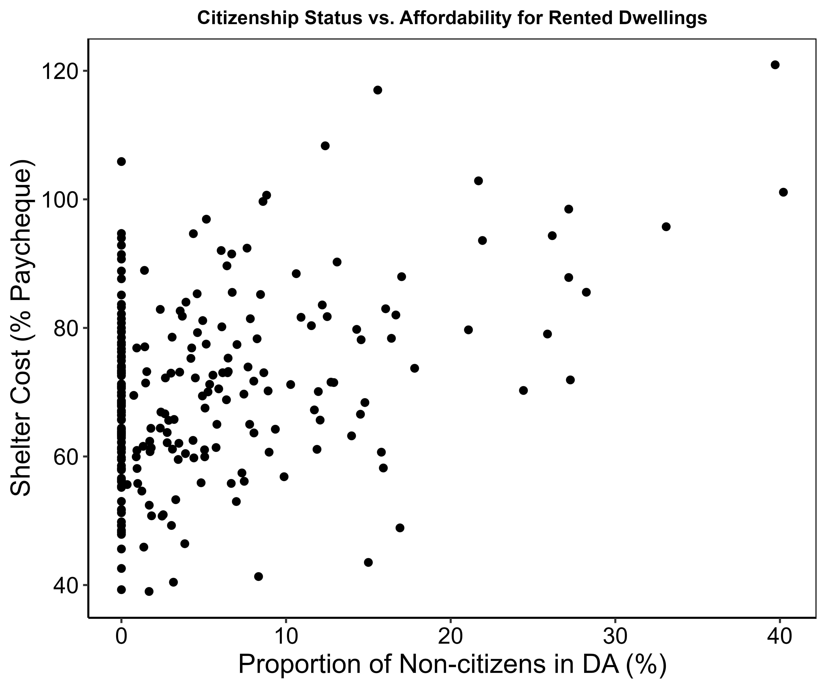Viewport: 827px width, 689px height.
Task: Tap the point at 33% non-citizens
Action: click(x=666, y=227)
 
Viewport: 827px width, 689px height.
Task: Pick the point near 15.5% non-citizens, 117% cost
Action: click(x=378, y=90)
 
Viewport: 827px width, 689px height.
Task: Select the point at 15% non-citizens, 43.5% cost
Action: click(x=368, y=562)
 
